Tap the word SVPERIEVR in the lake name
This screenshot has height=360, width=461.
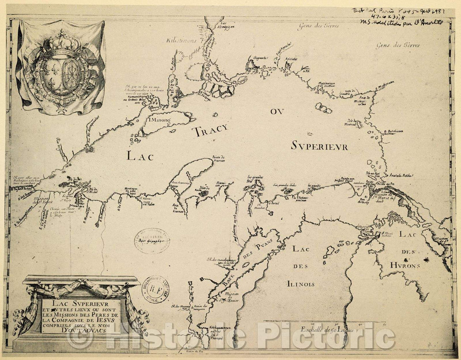coord(320,147)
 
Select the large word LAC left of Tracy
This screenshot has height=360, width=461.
coord(140,156)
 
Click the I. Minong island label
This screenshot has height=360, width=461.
coord(159,121)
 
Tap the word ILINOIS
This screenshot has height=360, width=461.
coord(301,284)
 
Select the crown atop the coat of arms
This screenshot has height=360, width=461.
coord(61,43)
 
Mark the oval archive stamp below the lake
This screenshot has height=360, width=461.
coord(152,241)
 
